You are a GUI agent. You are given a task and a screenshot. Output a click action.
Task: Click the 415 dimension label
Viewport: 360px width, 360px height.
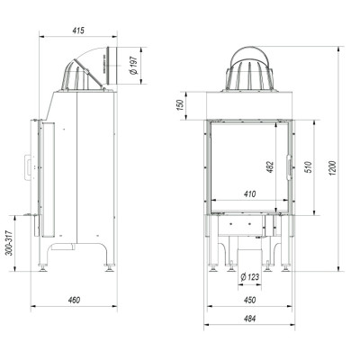click(78, 31)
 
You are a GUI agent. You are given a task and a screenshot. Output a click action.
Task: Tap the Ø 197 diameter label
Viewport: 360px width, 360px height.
click(133, 66)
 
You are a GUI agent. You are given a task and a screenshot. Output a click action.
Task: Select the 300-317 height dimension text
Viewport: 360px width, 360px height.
click(10, 243)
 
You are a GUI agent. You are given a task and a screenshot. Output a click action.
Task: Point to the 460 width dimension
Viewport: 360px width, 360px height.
click(74, 300)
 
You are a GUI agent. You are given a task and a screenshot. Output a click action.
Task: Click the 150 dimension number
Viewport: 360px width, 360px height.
click(180, 105)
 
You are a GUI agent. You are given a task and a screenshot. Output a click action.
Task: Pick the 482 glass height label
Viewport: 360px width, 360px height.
click(270, 167)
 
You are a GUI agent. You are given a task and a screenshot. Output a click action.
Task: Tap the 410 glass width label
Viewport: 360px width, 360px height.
click(249, 194)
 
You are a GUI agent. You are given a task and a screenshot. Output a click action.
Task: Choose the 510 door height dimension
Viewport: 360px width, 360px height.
click(308, 167)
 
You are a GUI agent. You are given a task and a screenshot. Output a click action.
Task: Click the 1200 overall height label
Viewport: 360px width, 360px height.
click(333, 168)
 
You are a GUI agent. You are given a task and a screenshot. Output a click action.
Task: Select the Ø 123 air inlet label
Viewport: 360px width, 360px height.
click(249, 277)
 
